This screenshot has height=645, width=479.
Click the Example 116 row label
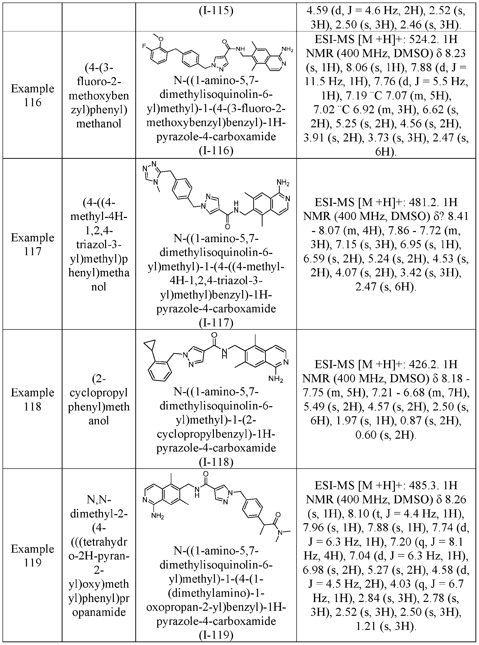coord(33,95)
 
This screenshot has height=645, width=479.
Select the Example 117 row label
coord(33,244)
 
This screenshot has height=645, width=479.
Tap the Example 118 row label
coord(33,399)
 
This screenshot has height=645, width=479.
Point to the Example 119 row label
coord(33,556)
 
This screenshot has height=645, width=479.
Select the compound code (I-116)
coord(216,150)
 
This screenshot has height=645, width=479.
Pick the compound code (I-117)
coord(216,322)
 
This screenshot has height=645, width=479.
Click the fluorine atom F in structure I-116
coord(144,46)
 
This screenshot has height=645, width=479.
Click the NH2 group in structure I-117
coord(283,183)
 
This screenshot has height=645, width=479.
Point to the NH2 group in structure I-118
coord(275,378)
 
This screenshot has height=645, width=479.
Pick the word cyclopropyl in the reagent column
coord(99,393)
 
